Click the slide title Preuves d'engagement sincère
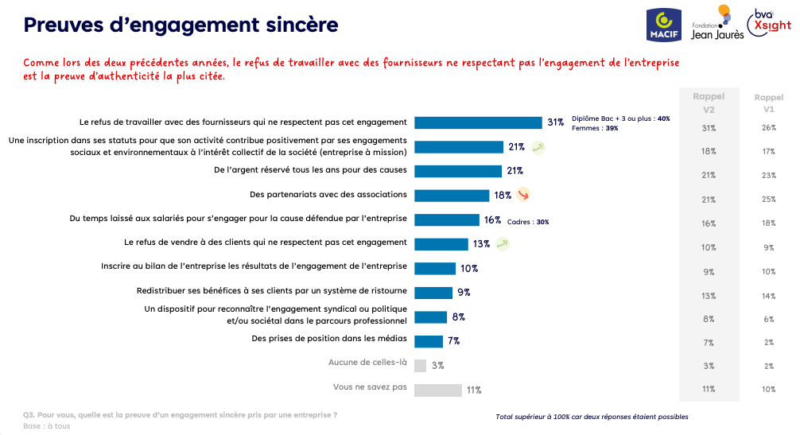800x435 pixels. [181, 25]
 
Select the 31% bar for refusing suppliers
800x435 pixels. [478, 122]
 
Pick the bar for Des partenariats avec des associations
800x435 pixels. [452, 195]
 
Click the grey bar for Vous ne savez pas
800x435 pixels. [438, 390]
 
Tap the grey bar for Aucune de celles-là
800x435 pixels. [421, 365]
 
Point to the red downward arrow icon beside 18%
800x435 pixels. [522, 195]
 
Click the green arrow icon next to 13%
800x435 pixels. [502, 243]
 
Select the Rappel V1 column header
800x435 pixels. [768, 103]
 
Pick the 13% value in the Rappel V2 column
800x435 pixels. [709, 295]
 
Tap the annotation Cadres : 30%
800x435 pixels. [527, 222]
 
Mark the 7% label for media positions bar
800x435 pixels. [454, 341]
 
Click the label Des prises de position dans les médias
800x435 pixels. [329, 340]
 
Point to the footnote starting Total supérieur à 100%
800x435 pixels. [592, 417]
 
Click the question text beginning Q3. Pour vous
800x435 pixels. [180, 414]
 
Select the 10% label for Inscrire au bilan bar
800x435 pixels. [468, 268]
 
